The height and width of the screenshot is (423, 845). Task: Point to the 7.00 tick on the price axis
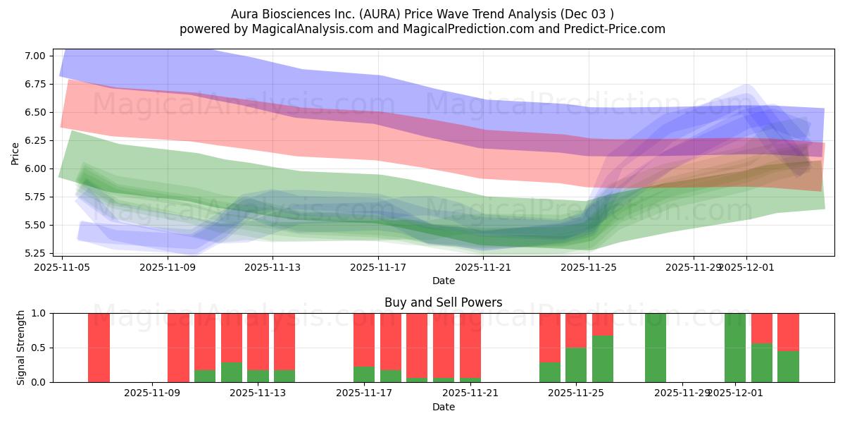(x=35, y=56)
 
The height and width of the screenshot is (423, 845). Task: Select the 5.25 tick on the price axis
(x=35, y=253)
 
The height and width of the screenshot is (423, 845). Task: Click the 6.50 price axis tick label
(x=35, y=112)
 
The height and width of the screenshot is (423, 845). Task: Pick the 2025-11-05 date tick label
(x=63, y=267)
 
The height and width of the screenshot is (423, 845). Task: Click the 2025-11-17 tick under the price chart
(x=378, y=267)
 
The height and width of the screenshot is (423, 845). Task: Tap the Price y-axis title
(x=15, y=153)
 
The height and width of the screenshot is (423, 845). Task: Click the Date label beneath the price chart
(x=443, y=281)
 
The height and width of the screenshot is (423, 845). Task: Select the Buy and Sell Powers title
(x=443, y=302)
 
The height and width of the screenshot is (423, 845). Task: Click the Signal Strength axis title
(x=21, y=347)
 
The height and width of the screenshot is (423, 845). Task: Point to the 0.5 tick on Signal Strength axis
(x=40, y=348)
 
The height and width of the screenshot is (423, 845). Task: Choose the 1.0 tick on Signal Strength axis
(x=40, y=313)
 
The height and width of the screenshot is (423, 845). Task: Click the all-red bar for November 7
(x=99, y=347)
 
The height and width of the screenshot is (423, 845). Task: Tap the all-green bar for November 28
(x=656, y=347)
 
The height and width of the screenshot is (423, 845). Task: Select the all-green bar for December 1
(x=735, y=347)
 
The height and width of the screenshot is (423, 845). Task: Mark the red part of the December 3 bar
(x=788, y=331)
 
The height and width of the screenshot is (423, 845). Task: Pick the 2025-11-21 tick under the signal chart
(x=470, y=393)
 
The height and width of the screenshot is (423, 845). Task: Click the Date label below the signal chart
(x=443, y=407)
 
